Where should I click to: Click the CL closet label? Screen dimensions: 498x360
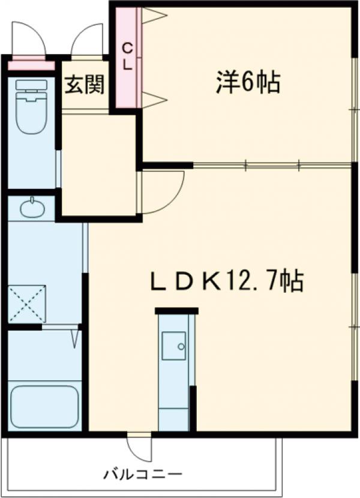tap(128, 58)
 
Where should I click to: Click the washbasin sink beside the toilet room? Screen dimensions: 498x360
tap(31, 209)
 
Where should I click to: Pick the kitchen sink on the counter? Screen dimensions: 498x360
tap(174, 347)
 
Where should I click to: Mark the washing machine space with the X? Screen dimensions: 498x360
tap(28, 305)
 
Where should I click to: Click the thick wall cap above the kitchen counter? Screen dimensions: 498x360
tap(176, 310)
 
